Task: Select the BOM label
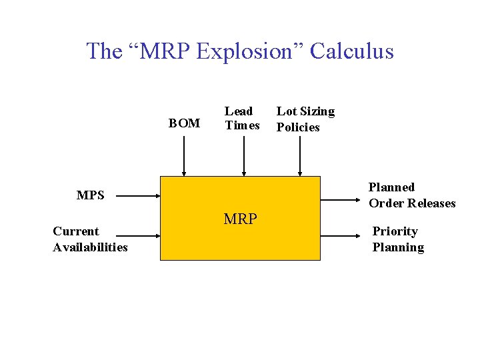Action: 184,123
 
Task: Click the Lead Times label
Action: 242,119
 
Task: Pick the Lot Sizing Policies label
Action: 305,119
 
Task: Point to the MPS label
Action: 91,195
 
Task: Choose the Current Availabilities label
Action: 90,239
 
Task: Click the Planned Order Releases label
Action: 412,195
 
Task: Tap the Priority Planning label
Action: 398,239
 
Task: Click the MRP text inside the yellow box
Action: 240,219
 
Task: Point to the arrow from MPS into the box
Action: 140,197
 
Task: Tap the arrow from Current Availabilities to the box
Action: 140,235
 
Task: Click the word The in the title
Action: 104,51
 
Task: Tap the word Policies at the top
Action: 298,127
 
